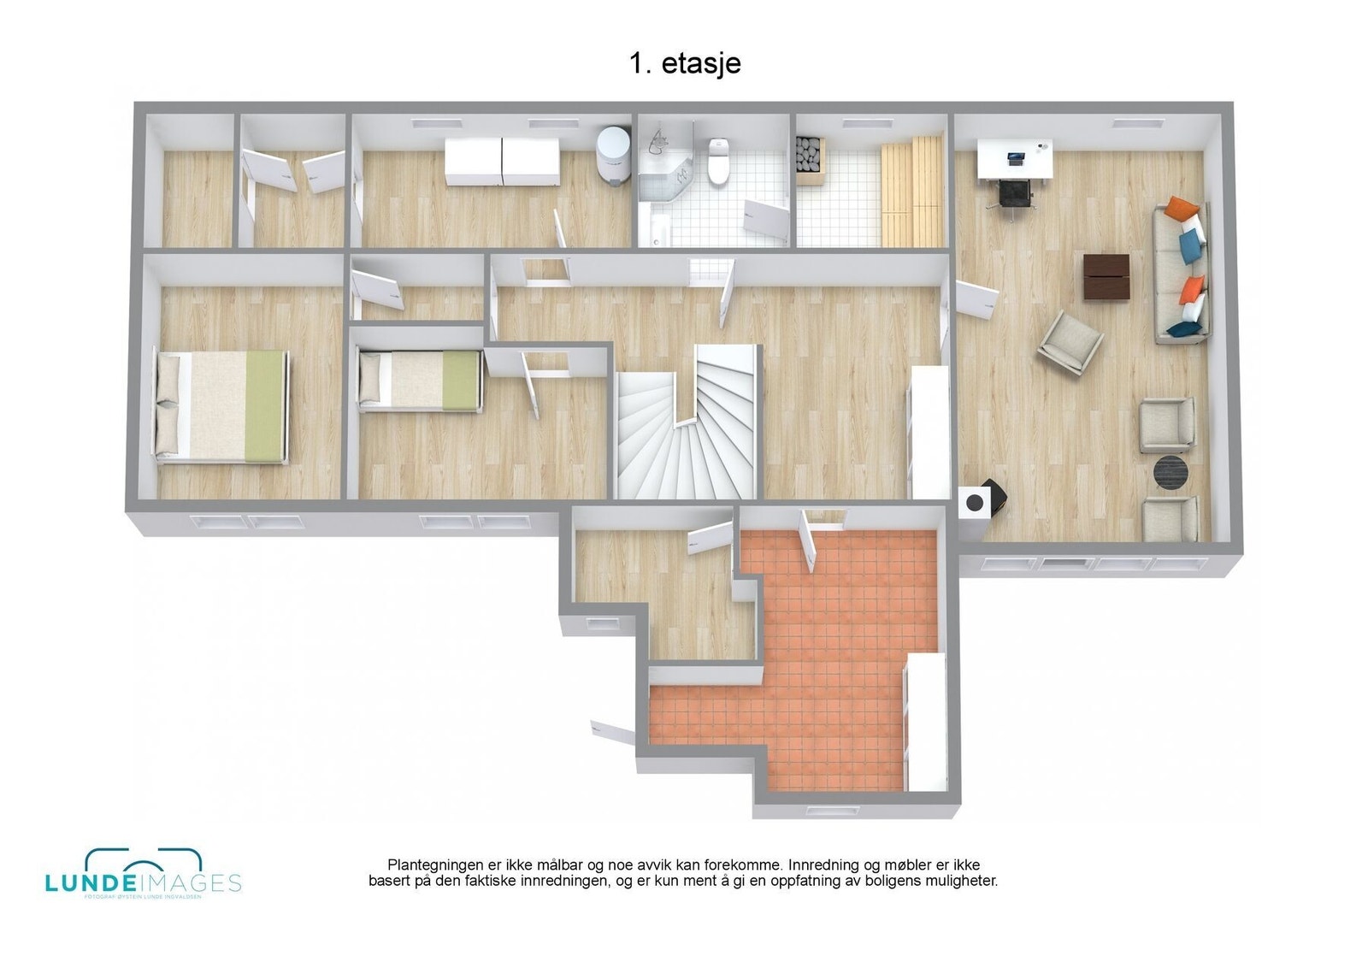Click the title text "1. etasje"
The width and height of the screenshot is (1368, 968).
pos(684,63)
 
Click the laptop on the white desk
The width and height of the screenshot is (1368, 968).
pos(1016,158)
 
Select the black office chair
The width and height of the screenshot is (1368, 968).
pos(1014,195)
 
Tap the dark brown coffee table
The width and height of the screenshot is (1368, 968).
pos(1106,276)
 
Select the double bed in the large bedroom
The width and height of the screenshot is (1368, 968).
pos(221,406)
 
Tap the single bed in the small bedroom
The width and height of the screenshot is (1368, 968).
pos(420,381)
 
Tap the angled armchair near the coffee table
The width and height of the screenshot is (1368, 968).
pos(1070,341)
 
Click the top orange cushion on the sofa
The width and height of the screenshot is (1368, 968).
pos(1182,208)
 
